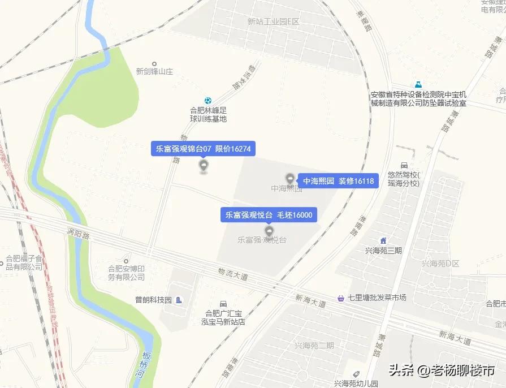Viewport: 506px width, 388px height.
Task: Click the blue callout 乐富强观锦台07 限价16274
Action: (x=204, y=149)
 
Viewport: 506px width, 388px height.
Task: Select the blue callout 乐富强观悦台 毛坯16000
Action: (x=269, y=215)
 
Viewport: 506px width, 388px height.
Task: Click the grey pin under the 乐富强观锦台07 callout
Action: (x=204, y=166)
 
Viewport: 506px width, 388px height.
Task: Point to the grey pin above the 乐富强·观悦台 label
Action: (x=269, y=231)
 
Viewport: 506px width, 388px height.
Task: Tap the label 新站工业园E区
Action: (x=273, y=21)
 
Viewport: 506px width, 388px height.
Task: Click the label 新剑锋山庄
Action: (x=154, y=72)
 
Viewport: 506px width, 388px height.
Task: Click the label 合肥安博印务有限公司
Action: (x=127, y=273)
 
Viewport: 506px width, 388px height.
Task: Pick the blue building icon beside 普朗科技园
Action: (x=179, y=300)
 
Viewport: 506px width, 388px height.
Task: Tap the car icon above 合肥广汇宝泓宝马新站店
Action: (x=223, y=304)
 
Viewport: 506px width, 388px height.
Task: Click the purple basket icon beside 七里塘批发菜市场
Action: (x=341, y=298)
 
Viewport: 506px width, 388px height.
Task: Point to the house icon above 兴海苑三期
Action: (x=383, y=240)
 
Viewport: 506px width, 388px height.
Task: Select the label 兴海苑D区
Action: (x=440, y=264)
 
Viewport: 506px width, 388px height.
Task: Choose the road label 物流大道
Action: (x=233, y=275)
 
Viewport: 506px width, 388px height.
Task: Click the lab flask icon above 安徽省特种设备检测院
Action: (x=418, y=84)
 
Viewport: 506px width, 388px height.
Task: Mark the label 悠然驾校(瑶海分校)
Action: (x=404, y=179)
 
